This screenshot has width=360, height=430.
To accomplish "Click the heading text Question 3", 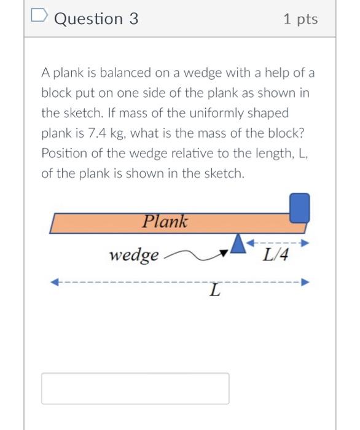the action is (96, 19).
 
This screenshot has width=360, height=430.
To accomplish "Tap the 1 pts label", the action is (301, 19).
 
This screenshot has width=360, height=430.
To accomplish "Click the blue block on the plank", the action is (299, 207).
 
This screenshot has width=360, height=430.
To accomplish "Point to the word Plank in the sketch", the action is (165, 221).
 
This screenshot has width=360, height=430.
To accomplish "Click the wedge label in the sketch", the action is (134, 254).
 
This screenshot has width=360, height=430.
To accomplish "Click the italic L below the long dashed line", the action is (213, 290).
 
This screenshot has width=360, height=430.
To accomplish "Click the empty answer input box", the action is (135, 388).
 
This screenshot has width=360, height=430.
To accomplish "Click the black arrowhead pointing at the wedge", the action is (225, 250).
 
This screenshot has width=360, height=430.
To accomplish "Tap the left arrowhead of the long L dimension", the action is (55, 283).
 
